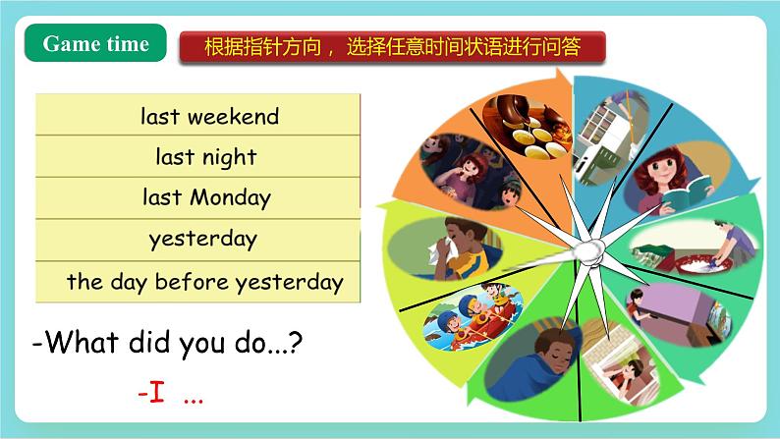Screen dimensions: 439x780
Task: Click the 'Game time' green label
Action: click(x=95, y=44)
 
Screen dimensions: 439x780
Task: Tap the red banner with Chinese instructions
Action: click(x=391, y=46)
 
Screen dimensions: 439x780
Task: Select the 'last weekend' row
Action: click(x=197, y=116)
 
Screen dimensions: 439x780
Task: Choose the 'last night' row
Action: click(x=197, y=157)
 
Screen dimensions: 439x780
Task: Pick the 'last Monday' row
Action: click(x=197, y=197)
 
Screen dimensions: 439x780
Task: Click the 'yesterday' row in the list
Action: click(x=197, y=239)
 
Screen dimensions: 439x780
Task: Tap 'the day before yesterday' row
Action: click(x=197, y=283)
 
